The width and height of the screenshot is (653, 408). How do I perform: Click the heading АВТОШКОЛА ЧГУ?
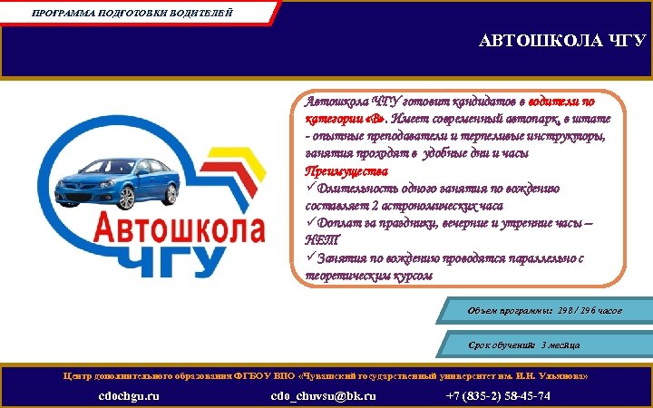(562, 42)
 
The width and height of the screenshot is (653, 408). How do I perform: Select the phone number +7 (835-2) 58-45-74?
(498, 396)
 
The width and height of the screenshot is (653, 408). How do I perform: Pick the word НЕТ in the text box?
(321, 239)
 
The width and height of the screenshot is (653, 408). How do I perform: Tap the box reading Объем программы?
(544, 311)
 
